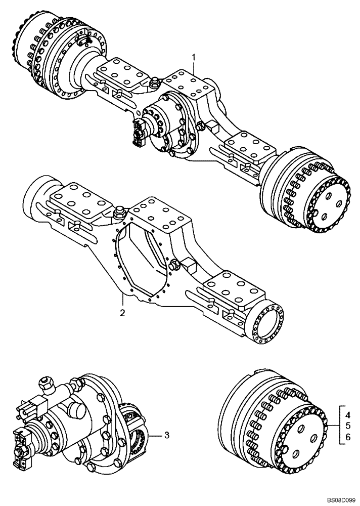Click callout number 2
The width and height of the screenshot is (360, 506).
tap(122, 313)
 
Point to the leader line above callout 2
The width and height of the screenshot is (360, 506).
tap(122, 299)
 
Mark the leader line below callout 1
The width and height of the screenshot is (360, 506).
tap(193, 71)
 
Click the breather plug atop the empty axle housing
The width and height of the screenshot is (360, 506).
tap(120, 212)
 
